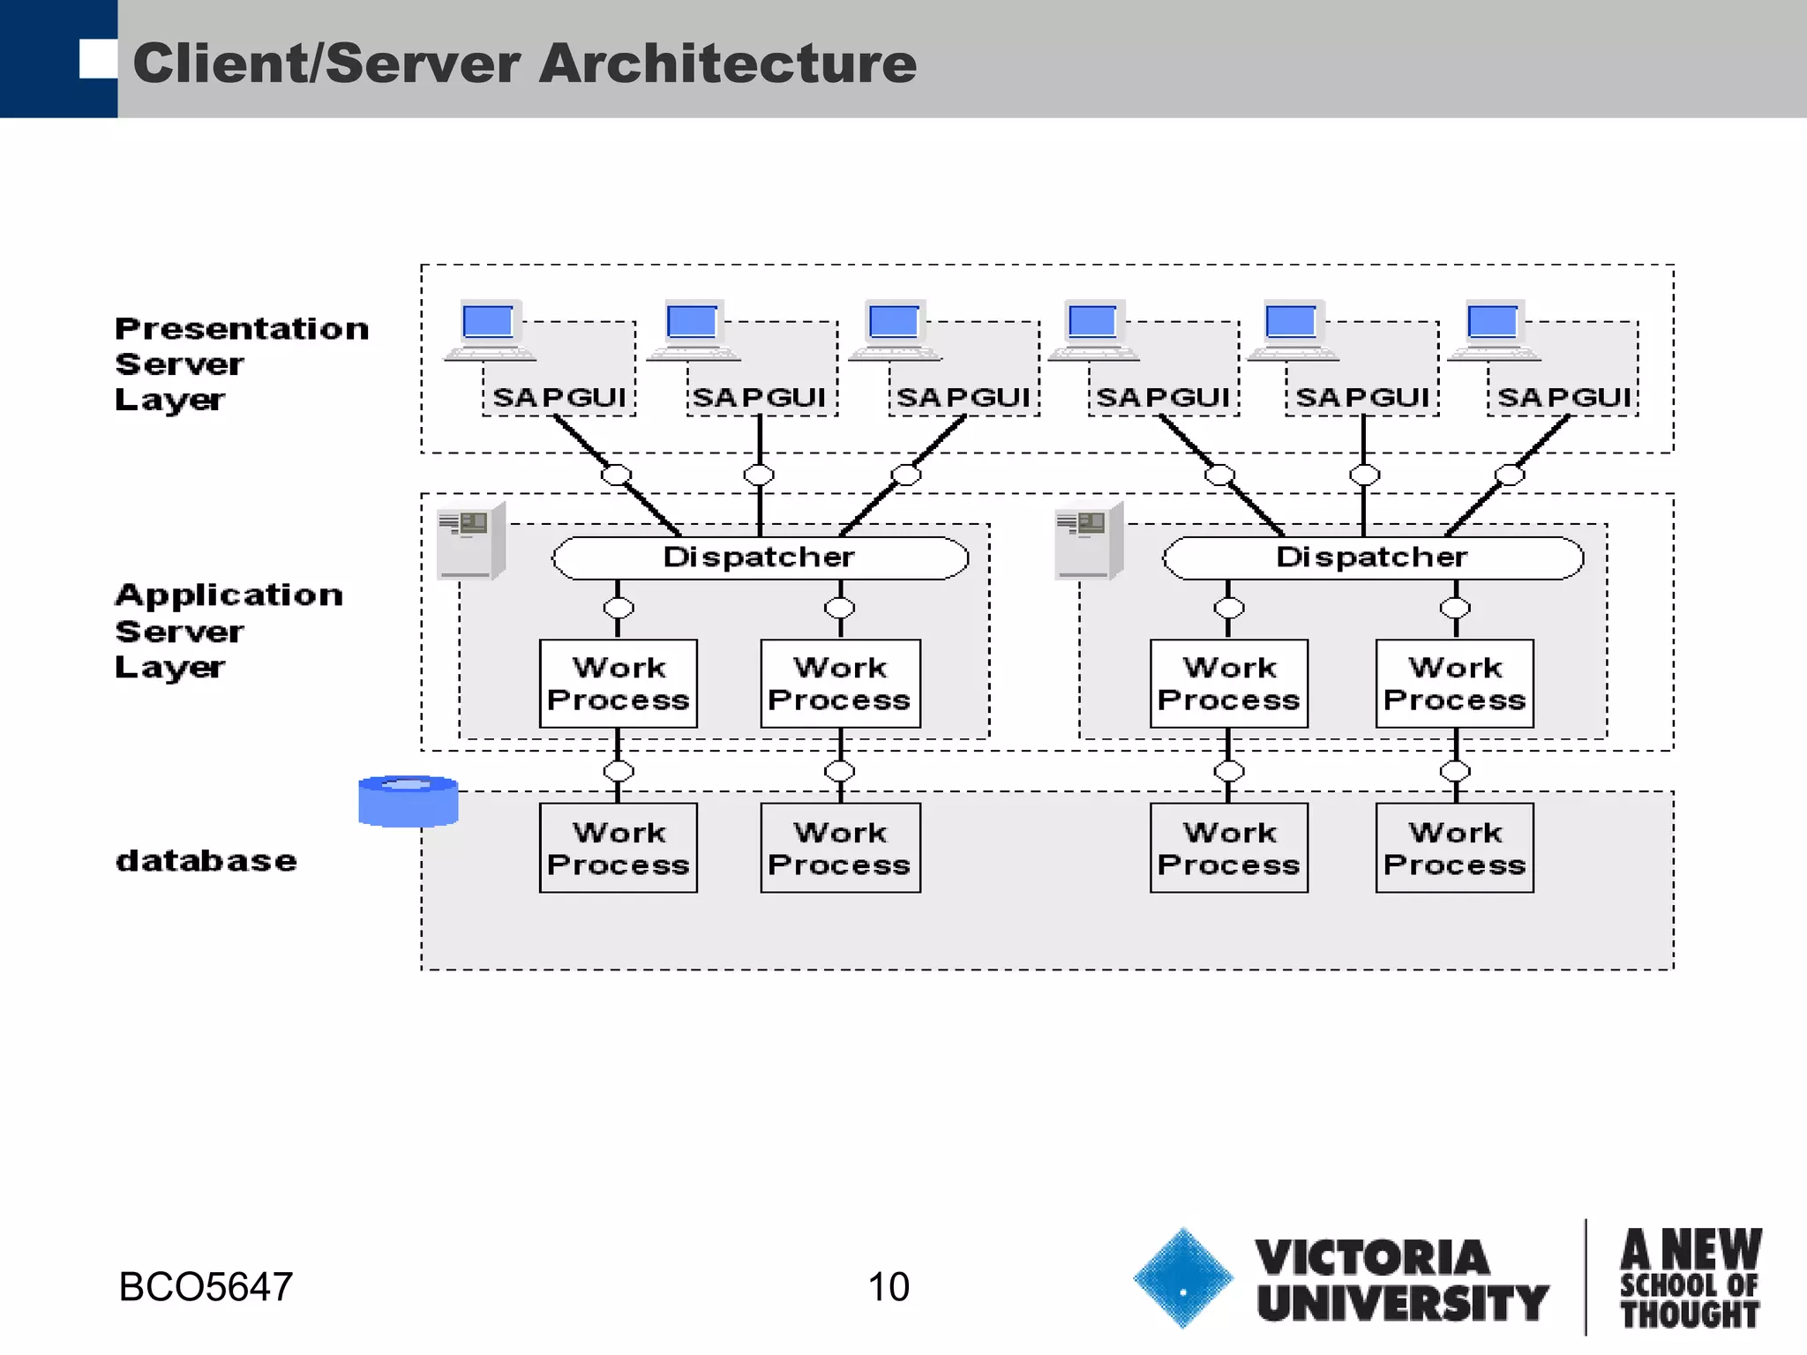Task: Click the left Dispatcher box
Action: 760,558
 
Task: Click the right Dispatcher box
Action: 1372,558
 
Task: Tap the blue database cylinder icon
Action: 408,801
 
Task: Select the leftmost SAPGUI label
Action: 559,398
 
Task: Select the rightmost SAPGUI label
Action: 1563,398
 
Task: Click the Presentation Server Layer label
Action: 241,363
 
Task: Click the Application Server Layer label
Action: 229,631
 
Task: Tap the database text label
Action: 206,860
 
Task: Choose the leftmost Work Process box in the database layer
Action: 618,848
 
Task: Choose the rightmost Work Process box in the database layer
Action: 1454,848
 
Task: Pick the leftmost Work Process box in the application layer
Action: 618,684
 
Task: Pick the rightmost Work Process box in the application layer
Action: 1454,684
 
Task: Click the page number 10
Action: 888,1287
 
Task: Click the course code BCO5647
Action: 206,1287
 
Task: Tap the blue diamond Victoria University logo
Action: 1182,1277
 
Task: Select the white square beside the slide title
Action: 98,59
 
